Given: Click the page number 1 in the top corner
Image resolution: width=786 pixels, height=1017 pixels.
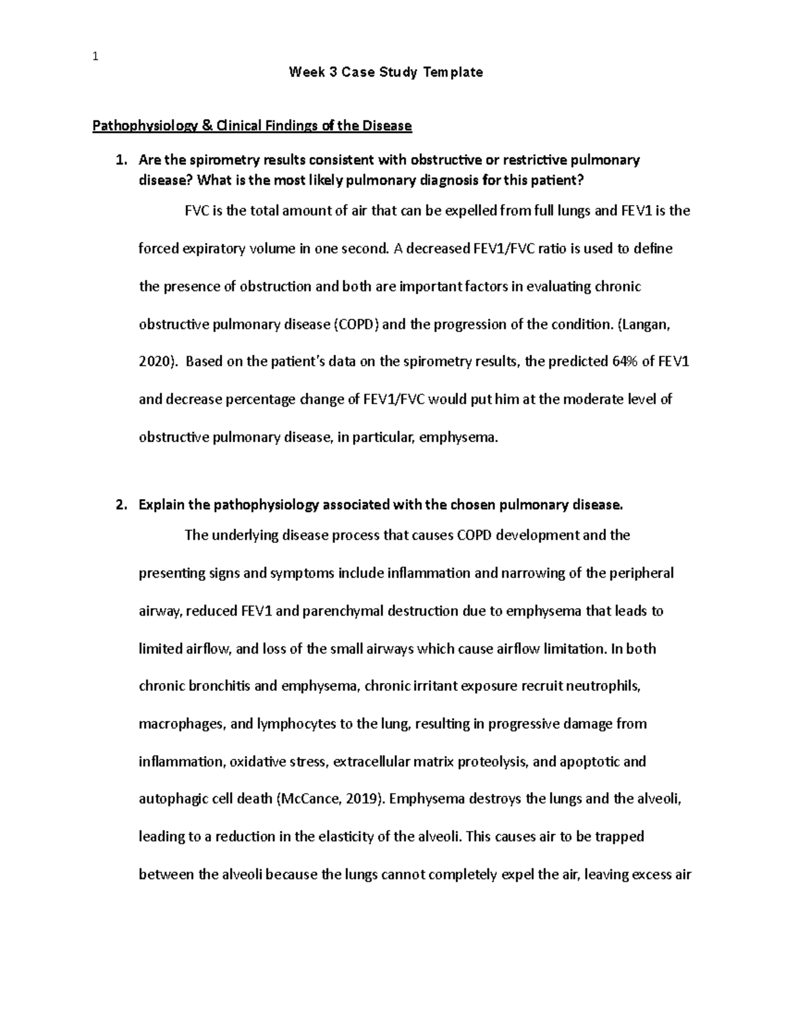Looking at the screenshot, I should pos(95,56).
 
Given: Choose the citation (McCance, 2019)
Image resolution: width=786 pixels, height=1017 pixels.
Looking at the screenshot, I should pos(329,799).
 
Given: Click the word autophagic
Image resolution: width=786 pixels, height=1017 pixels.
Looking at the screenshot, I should pos(172,799).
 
